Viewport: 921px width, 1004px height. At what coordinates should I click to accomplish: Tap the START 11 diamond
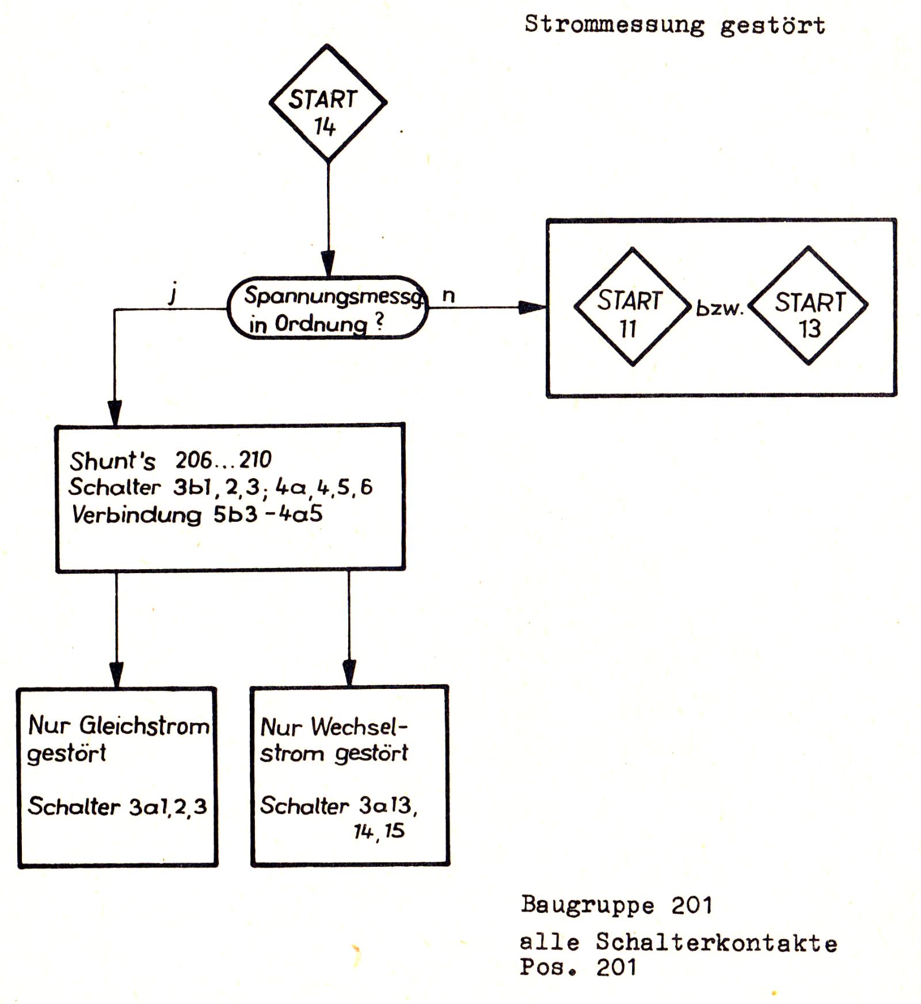tap(633, 307)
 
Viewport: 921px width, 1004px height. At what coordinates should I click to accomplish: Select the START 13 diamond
tap(809, 306)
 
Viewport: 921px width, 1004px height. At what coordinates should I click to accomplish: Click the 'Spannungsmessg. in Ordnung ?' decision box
tap(328, 308)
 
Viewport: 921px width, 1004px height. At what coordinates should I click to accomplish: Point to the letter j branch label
tap(172, 294)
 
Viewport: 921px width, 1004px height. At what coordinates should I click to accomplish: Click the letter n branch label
tap(448, 295)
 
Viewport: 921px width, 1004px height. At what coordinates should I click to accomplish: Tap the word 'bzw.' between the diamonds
tap(720, 308)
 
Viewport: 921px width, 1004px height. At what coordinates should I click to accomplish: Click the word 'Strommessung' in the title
tap(614, 25)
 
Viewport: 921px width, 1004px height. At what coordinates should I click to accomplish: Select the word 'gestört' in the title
tap(772, 25)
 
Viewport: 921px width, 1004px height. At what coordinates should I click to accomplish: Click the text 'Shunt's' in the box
tap(112, 461)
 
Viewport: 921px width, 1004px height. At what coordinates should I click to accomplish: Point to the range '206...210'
tap(223, 460)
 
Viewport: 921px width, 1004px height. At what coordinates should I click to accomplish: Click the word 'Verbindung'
tap(136, 514)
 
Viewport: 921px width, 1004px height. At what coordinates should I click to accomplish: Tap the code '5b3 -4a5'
tap(268, 513)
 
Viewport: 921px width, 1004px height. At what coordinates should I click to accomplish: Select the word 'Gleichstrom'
tap(144, 726)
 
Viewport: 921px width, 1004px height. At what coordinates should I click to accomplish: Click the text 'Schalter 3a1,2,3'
tap(117, 806)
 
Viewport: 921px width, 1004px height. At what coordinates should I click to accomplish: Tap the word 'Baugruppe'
tap(587, 905)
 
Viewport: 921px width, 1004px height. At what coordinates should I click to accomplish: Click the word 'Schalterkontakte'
tap(716, 943)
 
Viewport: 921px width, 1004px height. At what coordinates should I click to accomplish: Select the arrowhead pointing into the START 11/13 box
tap(532, 308)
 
